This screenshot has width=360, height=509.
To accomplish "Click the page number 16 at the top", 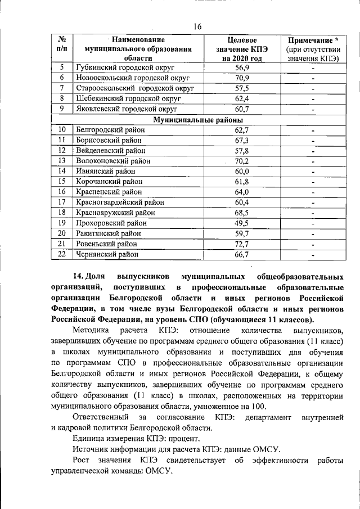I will (197, 26).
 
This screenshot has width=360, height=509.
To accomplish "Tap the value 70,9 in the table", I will (242, 78).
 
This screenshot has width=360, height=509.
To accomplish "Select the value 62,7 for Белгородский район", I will (242, 130).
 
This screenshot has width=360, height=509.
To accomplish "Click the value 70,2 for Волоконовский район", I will (242, 161).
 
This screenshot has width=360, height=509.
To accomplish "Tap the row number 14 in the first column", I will (62, 171).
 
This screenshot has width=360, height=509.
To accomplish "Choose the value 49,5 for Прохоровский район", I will (242, 223).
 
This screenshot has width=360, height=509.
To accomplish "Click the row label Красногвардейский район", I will (120, 202).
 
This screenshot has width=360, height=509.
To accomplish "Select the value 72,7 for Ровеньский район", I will (242, 244).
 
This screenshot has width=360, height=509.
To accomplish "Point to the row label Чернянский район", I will (107, 254).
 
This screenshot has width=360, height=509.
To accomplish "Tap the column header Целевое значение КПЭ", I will (242, 49).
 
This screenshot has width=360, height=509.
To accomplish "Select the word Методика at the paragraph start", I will (91, 330).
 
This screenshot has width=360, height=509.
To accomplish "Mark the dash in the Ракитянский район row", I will (313, 233).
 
